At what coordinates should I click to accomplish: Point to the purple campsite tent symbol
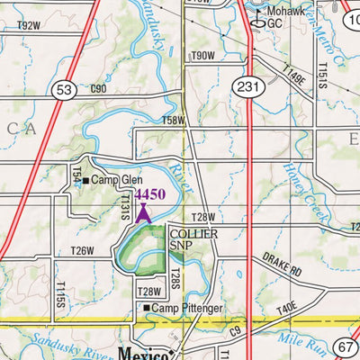point(143,212)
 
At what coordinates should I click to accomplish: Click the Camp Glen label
point(116,180)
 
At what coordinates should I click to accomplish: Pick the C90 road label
point(98,88)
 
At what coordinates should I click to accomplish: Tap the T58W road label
point(172,120)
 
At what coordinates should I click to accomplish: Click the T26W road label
point(82,250)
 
